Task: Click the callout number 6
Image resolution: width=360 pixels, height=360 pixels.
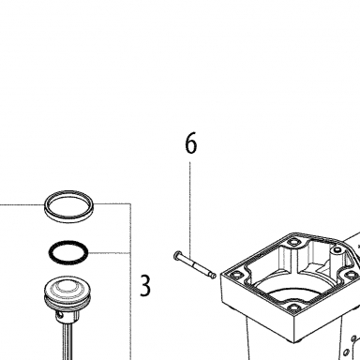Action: (191, 142)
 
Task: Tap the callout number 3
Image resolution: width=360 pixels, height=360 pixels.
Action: (144, 286)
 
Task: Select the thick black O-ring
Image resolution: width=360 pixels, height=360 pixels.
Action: (68, 252)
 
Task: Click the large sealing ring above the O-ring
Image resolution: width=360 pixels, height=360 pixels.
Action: (69, 206)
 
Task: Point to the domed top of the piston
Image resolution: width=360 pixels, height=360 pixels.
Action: (67, 287)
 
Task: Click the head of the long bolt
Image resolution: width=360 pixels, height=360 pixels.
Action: (177, 256)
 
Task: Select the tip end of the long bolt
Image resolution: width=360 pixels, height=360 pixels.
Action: (214, 276)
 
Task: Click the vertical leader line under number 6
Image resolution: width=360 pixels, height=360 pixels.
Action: (189, 208)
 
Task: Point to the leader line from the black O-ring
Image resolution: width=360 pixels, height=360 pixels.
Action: (109, 253)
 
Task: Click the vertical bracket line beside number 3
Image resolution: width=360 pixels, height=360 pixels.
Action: (130, 281)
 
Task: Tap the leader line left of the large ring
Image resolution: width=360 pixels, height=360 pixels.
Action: (22, 205)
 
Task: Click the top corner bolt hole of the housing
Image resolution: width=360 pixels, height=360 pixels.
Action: (292, 242)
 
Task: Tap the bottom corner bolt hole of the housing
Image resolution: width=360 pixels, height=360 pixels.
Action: (292, 308)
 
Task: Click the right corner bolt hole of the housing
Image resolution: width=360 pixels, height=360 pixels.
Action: (352, 275)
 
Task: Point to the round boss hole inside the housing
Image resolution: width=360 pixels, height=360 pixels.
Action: (337, 250)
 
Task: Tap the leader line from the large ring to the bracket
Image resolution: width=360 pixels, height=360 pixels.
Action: (112, 203)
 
